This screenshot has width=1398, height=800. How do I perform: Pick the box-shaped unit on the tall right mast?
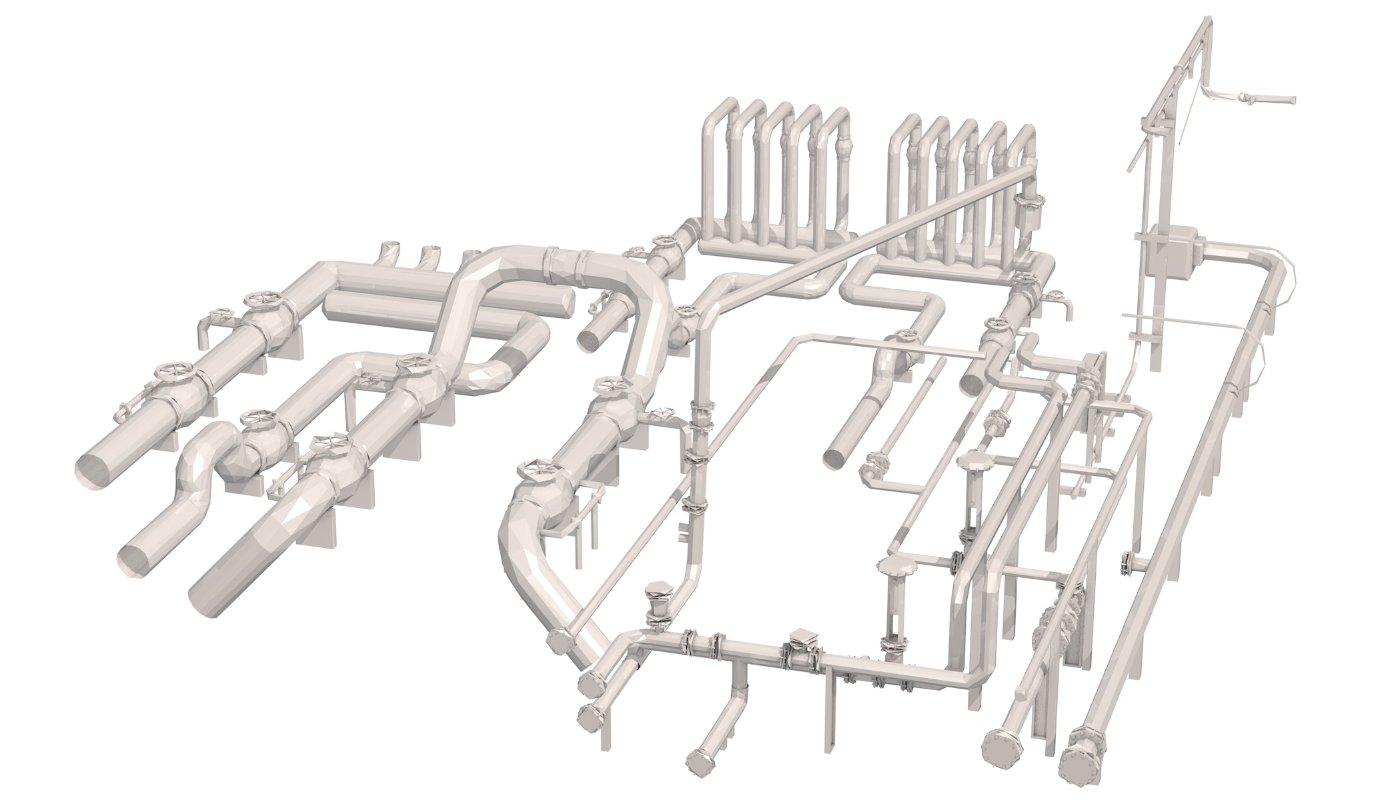[x=1172, y=253]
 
